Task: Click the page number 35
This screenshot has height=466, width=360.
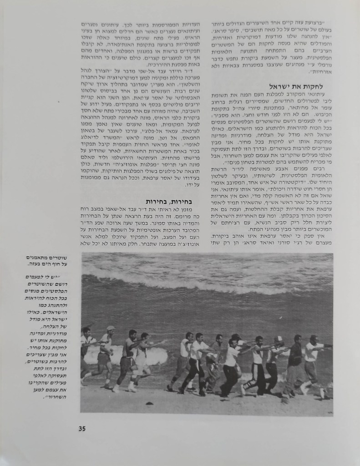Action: click(x=82, y=428)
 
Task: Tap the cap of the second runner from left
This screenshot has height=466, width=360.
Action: click(x=111, y=328)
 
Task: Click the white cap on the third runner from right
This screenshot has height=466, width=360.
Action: click(x=279, y=339)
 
